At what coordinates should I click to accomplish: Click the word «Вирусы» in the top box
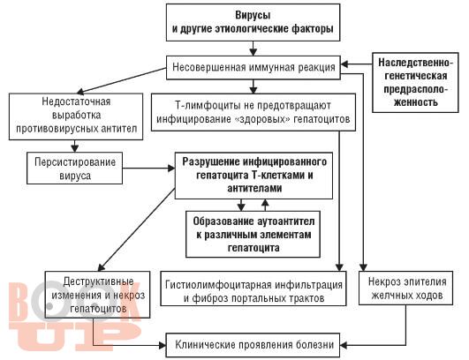pos(253,15)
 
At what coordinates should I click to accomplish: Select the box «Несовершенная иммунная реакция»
pos(253,68)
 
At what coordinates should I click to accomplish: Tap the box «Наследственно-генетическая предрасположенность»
pos(415,82)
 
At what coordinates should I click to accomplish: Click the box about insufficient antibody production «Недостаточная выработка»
pos(76,116)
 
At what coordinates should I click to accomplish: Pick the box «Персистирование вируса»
pos(75,169)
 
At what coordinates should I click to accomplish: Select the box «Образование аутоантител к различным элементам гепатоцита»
pos(253,234)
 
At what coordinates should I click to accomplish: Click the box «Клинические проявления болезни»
pos(253,345)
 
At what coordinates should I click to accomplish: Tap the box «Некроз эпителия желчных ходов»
pos(406,288)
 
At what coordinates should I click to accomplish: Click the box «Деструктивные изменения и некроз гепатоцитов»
pos(97,295)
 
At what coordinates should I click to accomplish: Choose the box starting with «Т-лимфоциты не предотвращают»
pos(253,112)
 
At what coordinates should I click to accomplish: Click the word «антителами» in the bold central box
pos(254,188)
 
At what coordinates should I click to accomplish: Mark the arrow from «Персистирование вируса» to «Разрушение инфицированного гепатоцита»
pos(148,169)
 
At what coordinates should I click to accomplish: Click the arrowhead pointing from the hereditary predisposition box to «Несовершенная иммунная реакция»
pos(344,64)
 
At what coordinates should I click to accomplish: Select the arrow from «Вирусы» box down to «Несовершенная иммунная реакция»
pos(253,49)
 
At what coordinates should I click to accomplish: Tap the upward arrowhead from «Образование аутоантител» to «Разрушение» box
pos(265,203)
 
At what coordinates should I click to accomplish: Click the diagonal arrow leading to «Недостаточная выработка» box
pos(121,80)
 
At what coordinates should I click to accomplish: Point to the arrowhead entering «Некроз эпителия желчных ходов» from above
pos(363,267)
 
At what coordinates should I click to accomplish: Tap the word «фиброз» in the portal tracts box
pos(210,298)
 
